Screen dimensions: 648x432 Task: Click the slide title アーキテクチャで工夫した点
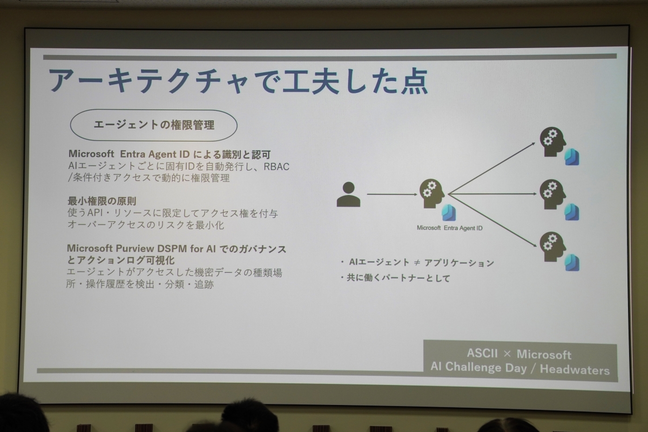coord(238,81)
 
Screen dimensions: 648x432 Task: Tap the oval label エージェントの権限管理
coord(153,125)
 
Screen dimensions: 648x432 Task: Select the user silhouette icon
coord(348,194)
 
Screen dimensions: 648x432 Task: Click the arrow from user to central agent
coord(392,194)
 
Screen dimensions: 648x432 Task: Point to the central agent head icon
coord(432,193)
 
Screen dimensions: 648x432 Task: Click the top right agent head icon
coord(552,142)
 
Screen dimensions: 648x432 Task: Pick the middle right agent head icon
coord(552,194)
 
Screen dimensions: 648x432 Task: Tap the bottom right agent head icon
coord(552,247)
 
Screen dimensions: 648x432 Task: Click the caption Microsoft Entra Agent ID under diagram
coord(449,228)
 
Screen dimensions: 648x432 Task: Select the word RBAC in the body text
coord(276,167)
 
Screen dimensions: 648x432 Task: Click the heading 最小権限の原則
coord(102,201)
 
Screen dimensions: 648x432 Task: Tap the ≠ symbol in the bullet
coord(417,262)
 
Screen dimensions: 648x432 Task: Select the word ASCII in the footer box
coord(482,353)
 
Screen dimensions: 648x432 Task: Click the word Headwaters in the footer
coord(575,370)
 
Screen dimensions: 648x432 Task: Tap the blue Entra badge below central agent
coord(449,212)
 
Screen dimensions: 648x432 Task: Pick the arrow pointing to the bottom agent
coord(492,220)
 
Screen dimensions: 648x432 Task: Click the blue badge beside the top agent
coord(572,157)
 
